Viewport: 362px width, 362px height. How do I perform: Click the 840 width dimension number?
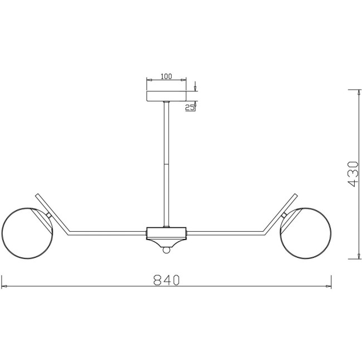pos(167,280)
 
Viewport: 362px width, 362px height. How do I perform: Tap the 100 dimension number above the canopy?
pos(166,76)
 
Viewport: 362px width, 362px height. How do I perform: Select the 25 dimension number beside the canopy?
pos(190,107)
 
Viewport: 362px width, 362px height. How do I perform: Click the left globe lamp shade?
pos(27,233)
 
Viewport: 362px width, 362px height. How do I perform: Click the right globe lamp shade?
pos(305,233)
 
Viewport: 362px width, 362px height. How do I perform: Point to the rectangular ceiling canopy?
pos(167,96)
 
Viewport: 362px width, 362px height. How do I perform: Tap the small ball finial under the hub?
pos(166,250)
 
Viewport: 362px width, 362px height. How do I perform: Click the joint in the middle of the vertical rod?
pos(166,164)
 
